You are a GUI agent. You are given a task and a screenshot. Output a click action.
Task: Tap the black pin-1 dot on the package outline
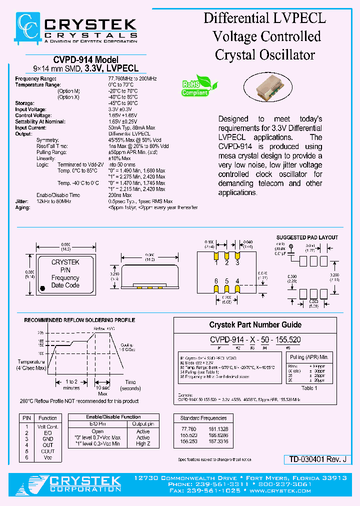pyautogui.click(x=42, y=287)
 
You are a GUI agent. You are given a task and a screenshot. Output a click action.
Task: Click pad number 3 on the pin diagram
pyautogui.click(x=237, y=262)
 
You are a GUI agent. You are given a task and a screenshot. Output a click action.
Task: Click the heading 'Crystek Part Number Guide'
pyautogui.click(x=255, y=324)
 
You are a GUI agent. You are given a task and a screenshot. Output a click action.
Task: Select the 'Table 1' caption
pyautogui.click(x=308, y=387)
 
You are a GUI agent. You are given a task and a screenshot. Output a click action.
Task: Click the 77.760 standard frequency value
pyautogui.click(x=189, y=429)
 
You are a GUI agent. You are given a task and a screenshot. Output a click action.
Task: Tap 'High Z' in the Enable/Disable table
pyautogui.click(x=143, y=443)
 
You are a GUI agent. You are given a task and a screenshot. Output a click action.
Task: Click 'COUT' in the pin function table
pyautogui.click(x=47, y=451)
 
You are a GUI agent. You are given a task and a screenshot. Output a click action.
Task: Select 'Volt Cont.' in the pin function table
pyautogui.click(x=47, y=426)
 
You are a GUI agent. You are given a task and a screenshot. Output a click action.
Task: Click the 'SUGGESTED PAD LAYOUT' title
pyautogui.click(x=307, y=237)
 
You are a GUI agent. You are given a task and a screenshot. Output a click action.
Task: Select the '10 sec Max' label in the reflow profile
pyautogui.click(x=102, y=390)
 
